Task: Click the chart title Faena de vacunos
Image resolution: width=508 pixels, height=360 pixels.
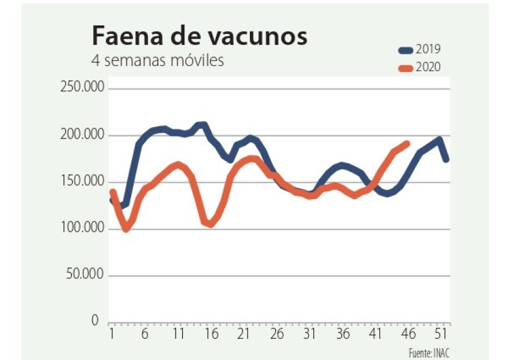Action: tap(199, 36)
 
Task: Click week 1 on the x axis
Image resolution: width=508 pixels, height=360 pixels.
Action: tap(112, 333)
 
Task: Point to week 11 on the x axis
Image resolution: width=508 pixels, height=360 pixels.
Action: tap(178, 333)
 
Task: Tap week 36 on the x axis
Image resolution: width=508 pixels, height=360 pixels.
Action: tap(342, 333)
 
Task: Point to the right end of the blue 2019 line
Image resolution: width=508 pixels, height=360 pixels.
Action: tap(446, 159)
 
